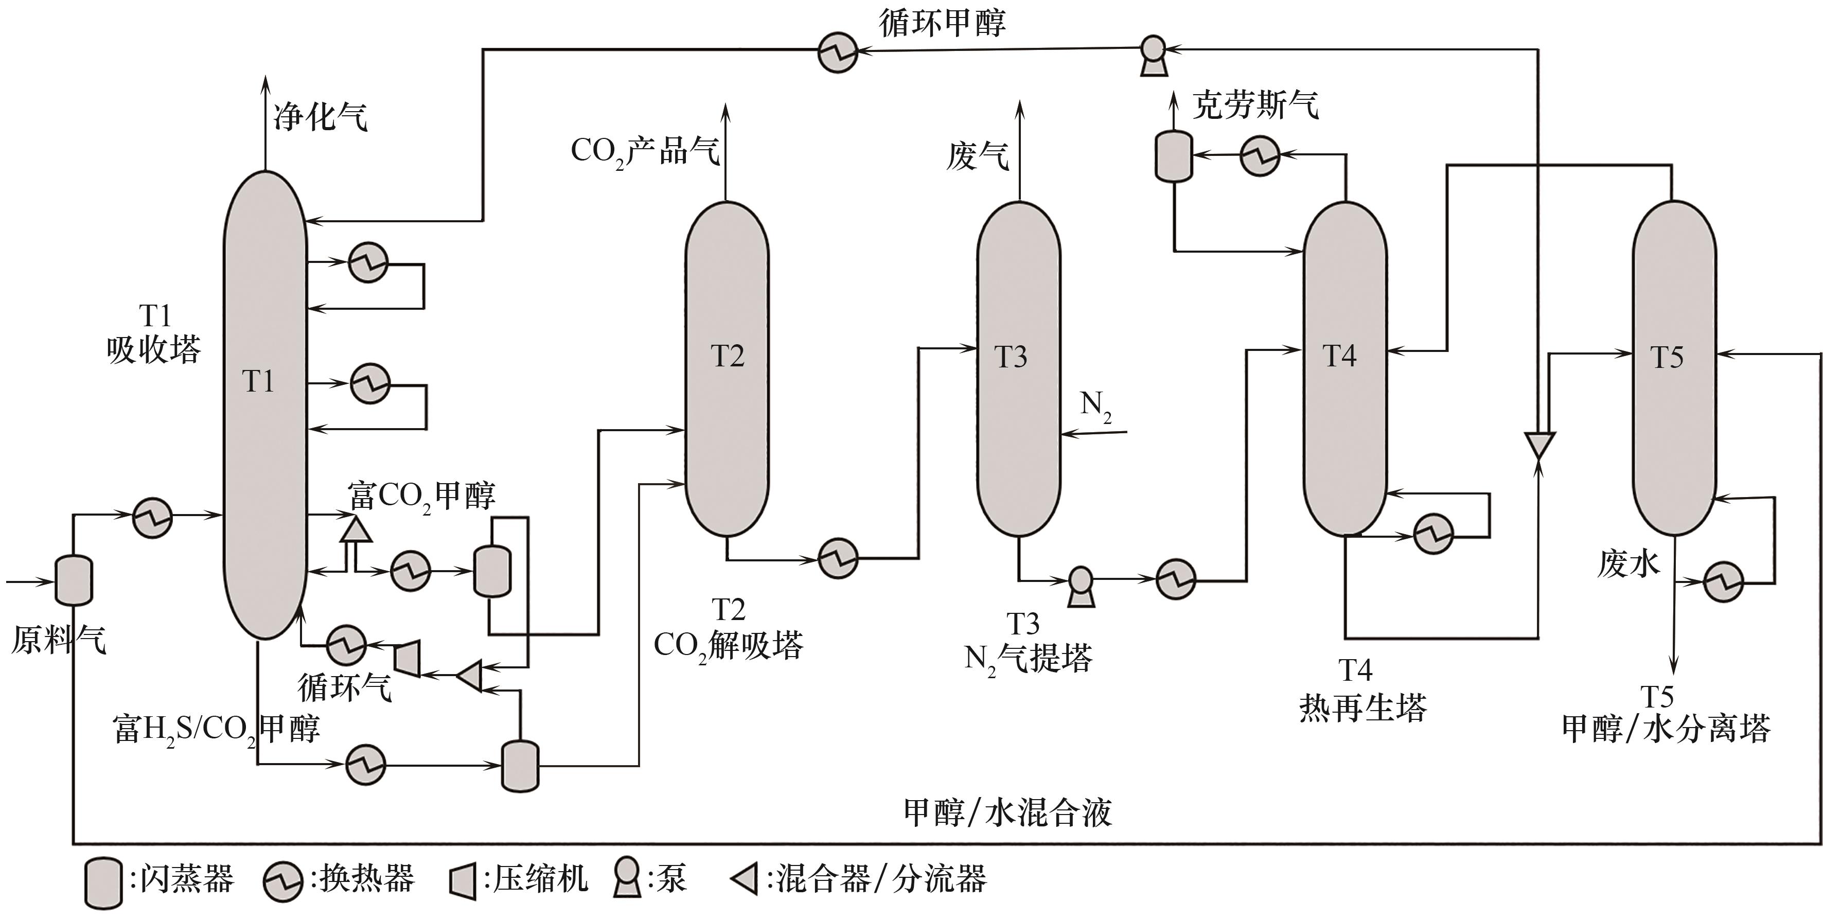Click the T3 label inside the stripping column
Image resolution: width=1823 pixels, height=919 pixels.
point(1011,357)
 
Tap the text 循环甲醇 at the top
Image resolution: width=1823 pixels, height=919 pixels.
point(942,23)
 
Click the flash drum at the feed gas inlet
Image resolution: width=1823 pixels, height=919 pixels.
point(74,580)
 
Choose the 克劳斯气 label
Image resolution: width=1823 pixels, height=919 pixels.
point(1255,104)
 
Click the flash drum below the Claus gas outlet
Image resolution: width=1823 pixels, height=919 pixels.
point(1173,155)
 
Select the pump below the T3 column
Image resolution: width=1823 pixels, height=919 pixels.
point(1080,585)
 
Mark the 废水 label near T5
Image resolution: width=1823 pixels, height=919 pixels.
point(1627,564)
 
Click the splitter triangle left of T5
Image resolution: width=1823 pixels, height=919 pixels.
point(1538,446)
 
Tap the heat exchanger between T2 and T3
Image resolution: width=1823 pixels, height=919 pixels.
point(838,558)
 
